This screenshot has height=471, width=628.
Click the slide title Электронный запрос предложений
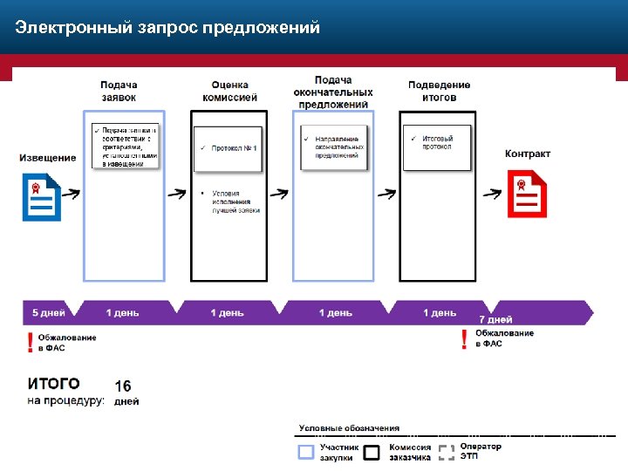(167, 28)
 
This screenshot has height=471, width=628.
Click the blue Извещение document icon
(40, 198)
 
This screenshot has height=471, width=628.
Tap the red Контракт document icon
(527, 194)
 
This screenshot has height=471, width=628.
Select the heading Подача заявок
(119, 92)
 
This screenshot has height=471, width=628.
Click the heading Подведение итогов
(439, 92)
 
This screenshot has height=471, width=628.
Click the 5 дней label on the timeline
(48, 312)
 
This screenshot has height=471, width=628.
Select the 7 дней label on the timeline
(495, 319)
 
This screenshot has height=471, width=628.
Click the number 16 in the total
(123, 386)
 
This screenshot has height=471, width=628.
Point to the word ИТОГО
(54, 384)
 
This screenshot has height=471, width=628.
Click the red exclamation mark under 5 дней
(31, 342)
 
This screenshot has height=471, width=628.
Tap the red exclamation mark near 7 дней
(464, 339)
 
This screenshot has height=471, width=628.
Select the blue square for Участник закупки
(305, 452)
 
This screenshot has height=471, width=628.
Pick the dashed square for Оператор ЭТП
(446, 452)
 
